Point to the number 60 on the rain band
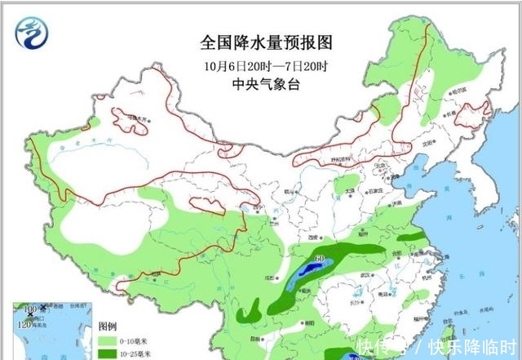coord(320,260)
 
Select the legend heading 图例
coord(108,325)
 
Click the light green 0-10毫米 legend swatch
coord(105,339)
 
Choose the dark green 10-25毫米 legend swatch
coord(105,353)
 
